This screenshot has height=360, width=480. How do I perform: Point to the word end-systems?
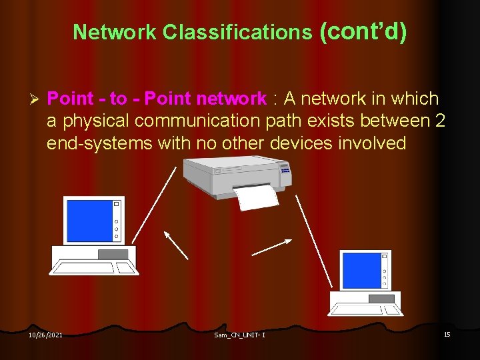pos(99,143)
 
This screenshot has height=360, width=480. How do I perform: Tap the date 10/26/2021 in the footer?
pos(45,335)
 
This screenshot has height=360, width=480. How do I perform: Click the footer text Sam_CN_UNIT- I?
pos(239,335)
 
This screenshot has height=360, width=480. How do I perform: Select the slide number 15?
pos(447,334)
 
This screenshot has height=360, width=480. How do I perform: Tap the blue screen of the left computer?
pos(88,221)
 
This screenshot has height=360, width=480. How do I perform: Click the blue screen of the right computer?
pos(358,270)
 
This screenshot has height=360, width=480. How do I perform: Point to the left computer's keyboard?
pos(93,267)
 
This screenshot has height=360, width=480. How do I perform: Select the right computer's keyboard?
pos(365,309)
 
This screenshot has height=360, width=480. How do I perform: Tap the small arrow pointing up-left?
pos(176,245)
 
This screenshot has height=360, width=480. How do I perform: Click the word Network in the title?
pos(115,32)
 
